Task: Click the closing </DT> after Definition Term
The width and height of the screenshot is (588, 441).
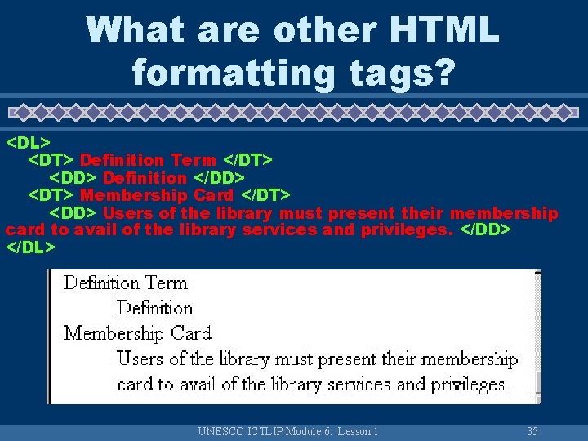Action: tap(247, 160)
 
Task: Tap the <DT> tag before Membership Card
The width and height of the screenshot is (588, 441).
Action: tap(51, 194)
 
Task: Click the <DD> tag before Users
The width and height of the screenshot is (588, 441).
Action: tap(73, 212)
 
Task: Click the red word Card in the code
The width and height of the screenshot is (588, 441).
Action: tap(213, 194)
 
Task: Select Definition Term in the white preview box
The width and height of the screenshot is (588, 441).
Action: tap(126, 283)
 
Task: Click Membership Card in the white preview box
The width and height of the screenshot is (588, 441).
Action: tap(137, 333)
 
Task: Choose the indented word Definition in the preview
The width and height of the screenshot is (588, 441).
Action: tap(154, 308)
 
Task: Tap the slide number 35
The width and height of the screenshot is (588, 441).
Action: tap(532, 431)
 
